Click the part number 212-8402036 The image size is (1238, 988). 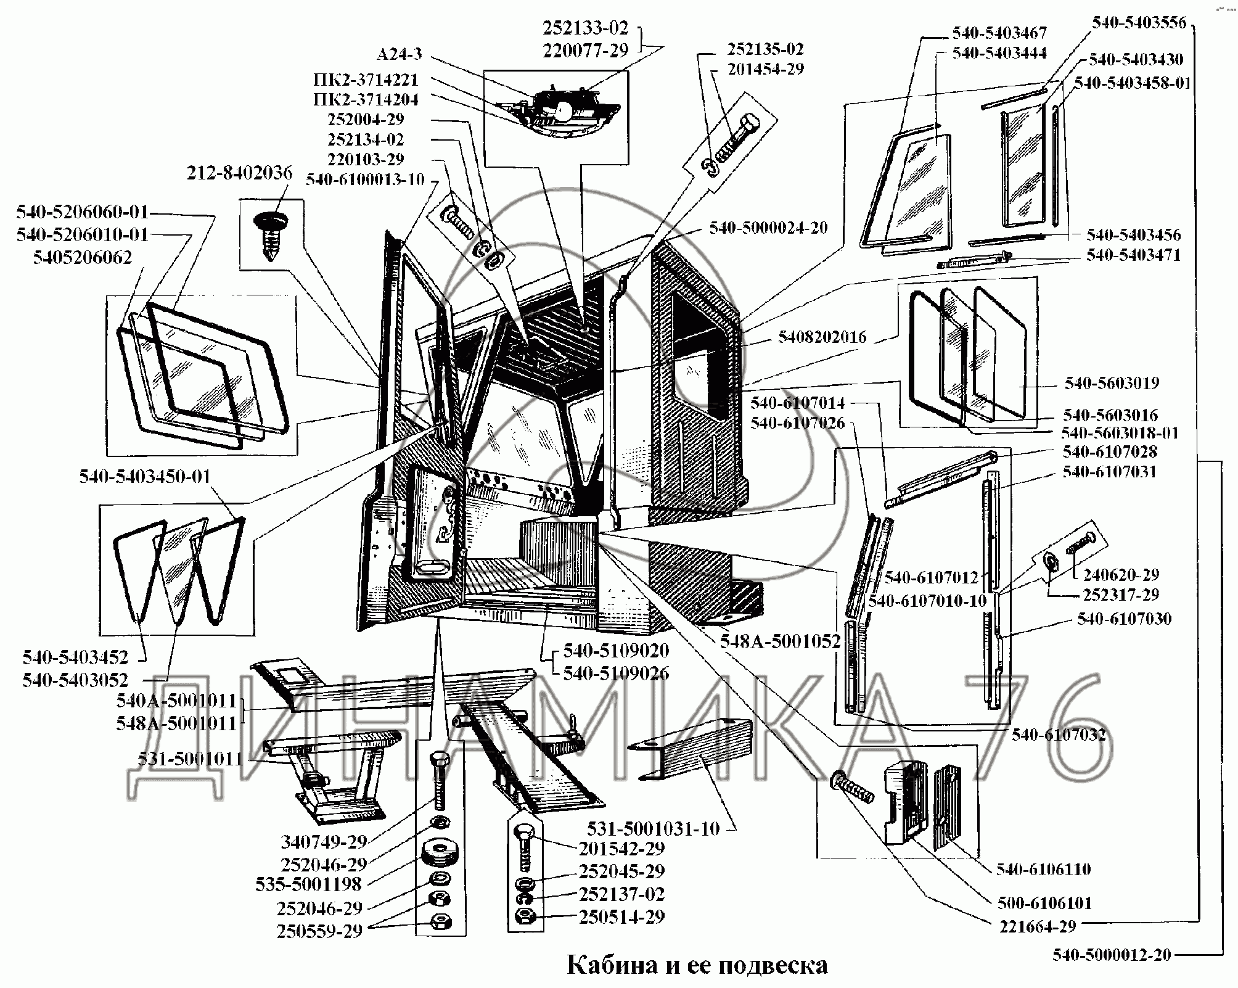click(x=239, y=173)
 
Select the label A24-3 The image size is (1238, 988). click(x=399, y=54)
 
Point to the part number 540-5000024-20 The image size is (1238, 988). click(x=768, y=228)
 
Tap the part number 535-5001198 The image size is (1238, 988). click(x=308, y=884)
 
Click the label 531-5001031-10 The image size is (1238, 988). click(x=653, y=828)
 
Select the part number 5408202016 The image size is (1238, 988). click(x=822, y=337)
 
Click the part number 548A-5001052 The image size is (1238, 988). click(x=781, y=642)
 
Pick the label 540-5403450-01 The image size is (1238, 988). click(x=144, y=477)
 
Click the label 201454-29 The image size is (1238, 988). click(x=766, y=68)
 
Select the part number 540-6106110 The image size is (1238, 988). click(x=1044, y=869)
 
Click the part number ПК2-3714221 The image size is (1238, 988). click(x=366, y=80)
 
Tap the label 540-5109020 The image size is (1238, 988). click(x=616, y=651)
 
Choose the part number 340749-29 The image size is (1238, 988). click(x=324, y=841)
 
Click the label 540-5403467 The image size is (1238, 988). click(x=999, y=33)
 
